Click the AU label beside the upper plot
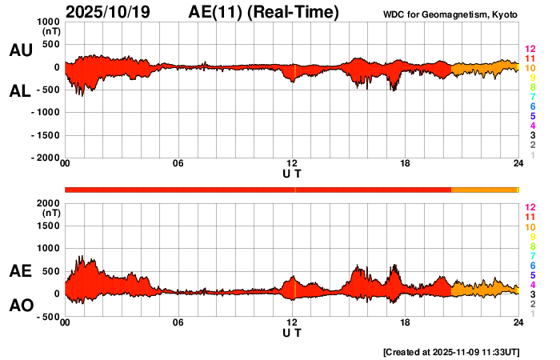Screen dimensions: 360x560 pos(20,50)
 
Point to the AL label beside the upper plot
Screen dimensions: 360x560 pos(20,91)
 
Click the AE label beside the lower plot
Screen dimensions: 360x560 pos(20,270)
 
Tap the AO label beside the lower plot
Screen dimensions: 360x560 pos(20,306)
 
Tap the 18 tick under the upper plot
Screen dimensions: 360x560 pos(406,164)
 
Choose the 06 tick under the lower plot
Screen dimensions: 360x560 pos(178,322)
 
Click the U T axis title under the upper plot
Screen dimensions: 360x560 pos(292,174)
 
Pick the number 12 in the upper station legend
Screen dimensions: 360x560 pos(530,50)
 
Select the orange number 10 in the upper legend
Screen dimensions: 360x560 pos(530,69)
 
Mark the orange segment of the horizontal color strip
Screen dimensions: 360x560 pos(485,189)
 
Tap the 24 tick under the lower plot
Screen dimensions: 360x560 pos(518,322)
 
